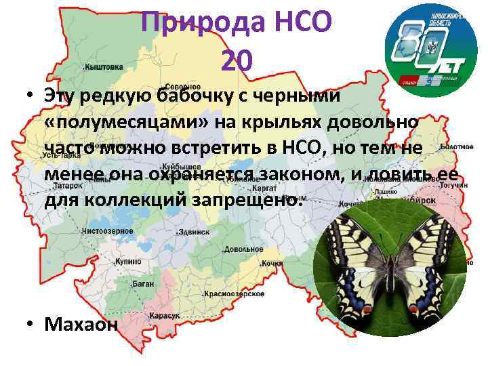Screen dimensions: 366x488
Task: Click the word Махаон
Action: pyautogui.click(x=81, y=324)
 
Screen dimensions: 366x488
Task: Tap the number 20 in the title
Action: pyautogui.click(x=237, y=62)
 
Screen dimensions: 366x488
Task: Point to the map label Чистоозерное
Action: pyautogui.click(x=106, y=231)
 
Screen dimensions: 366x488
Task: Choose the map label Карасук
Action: pyautogui.click(x=165, y=316)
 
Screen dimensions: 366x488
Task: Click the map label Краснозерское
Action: pyautogui.click(x=235, y=294)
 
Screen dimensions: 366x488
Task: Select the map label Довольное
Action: pyautogui.click(x=243, y=250)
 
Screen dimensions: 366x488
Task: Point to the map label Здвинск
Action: pyautogui.click(x=195, y=232)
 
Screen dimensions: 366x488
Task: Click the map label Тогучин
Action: pyautogui.click(x=453, y=184)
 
